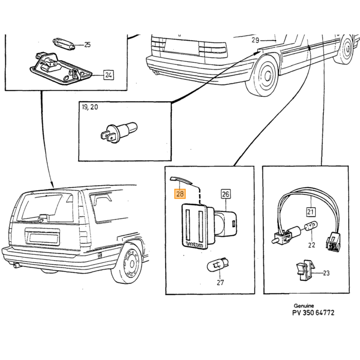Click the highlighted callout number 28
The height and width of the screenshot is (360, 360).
tap(180, 194)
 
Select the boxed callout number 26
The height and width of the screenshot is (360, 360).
tap(225, 194)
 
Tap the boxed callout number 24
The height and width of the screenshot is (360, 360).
tap(109, 75)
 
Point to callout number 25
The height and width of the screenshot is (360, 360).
tap(87, 44)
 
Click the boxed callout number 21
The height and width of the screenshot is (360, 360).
tap(311, 212)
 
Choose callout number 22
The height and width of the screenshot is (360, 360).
tap(311, 245)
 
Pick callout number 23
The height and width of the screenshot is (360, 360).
tap(326, 273)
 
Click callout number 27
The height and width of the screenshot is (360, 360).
tap(220, 282)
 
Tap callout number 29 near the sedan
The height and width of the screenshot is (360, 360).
tap(255, 40)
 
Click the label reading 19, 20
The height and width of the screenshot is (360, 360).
tap(90, 107)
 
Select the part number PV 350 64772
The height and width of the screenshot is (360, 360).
tap(313, 313)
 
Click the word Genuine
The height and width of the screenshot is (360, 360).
tap(304, 305)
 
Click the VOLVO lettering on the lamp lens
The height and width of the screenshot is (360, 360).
tap(195, 244)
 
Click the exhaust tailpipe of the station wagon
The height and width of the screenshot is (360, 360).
tap(16, 265)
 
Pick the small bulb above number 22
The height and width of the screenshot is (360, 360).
tap(311, 226)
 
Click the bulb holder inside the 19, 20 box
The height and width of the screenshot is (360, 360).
tap(119, 133)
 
